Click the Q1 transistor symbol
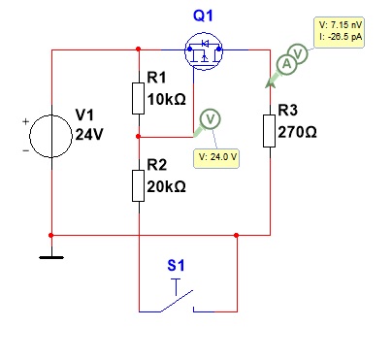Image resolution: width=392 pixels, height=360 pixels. [204, 50]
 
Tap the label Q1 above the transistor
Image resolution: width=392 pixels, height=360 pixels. [203, 16]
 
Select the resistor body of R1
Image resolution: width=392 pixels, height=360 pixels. [139, 98]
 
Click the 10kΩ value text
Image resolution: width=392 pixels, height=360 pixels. [167, 99]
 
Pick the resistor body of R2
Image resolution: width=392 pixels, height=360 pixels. [139, 185]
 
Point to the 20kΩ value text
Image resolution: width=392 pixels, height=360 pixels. [167, 186]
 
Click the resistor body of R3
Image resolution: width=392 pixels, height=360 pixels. [270, 131]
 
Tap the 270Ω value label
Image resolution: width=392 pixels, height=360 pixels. [297, 132]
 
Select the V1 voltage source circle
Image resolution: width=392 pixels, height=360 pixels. [50, 136]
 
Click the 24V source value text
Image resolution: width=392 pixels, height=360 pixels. [89, 134]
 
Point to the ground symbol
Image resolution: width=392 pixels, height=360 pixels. [51, 257]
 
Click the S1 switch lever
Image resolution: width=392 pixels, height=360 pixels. [177, 301]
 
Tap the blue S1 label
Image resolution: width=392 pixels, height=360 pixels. [176, 265]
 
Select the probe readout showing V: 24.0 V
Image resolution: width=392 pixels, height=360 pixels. [216, 157]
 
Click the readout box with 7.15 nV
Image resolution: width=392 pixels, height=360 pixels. [340, 32]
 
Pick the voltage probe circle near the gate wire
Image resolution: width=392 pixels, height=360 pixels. [211, 119]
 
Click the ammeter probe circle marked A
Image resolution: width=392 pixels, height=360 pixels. [286, 64]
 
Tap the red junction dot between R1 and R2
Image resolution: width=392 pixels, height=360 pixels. [139, 137]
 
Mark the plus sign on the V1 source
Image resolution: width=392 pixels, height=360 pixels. [26, 121]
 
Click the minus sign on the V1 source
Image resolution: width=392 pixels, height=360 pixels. [26, 150]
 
